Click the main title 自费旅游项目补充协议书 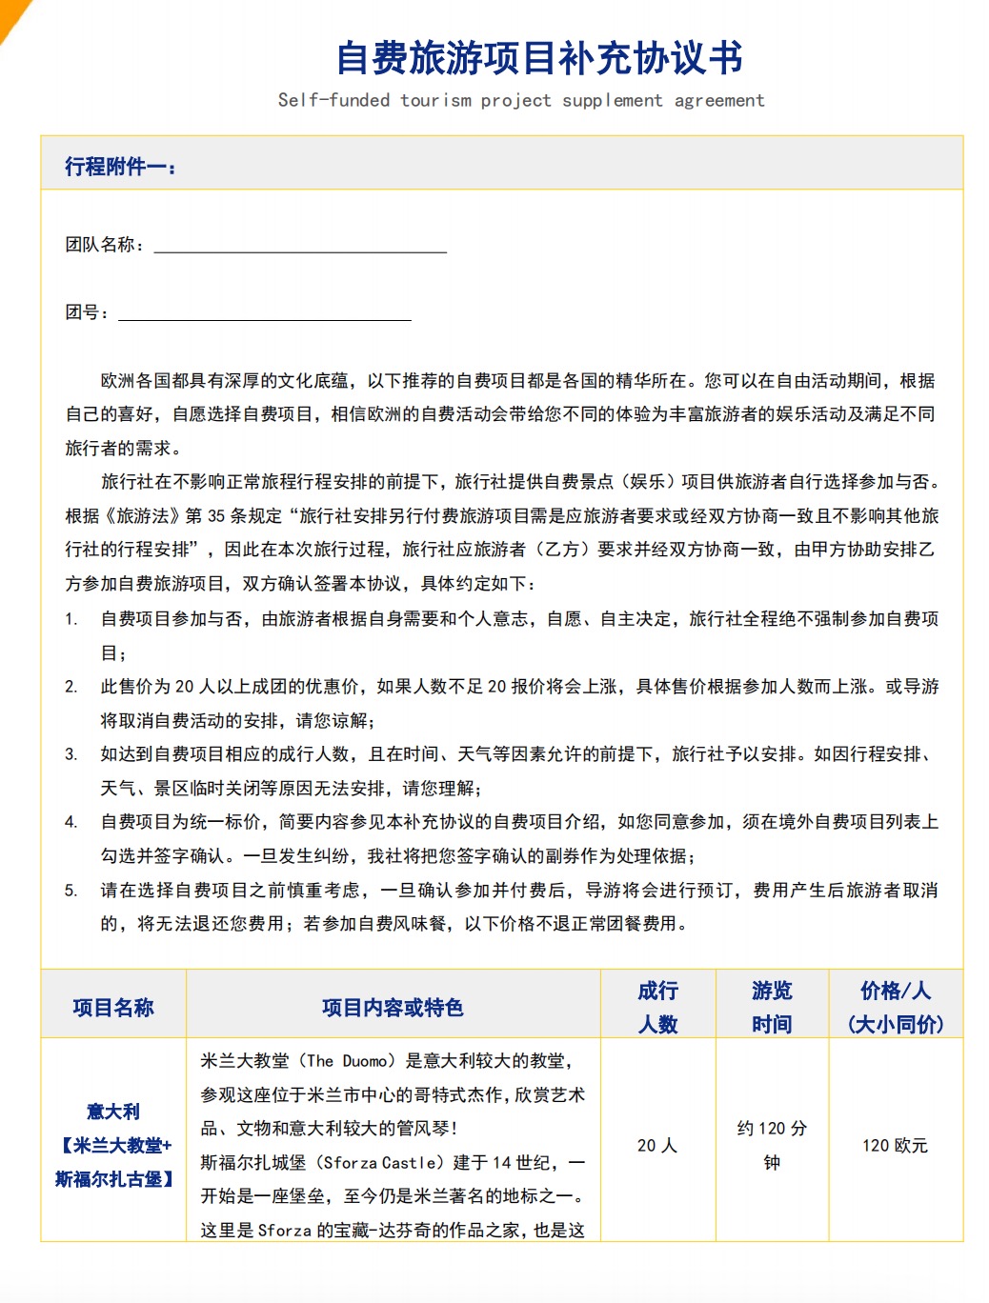tap(539, 59)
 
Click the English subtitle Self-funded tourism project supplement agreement tap(521, 100)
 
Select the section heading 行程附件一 tap(120, 167)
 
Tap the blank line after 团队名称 tap(300, 246)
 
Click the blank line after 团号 tap(265, 313)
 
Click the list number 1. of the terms tap(71, 619)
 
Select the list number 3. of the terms tap(71, 754)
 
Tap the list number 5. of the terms tap(71, 891)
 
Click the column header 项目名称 tap(113, 1008)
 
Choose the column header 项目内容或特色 tap(393, 1008)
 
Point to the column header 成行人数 tap(657, 1007)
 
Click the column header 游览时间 tap(772, 1007)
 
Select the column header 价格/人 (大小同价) tap(895, 1007)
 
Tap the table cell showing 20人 tap(657, 1146)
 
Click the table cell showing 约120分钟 tap(772, 1146)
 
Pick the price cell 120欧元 tap(895, 1146)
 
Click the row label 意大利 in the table tap(113, 1112)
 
